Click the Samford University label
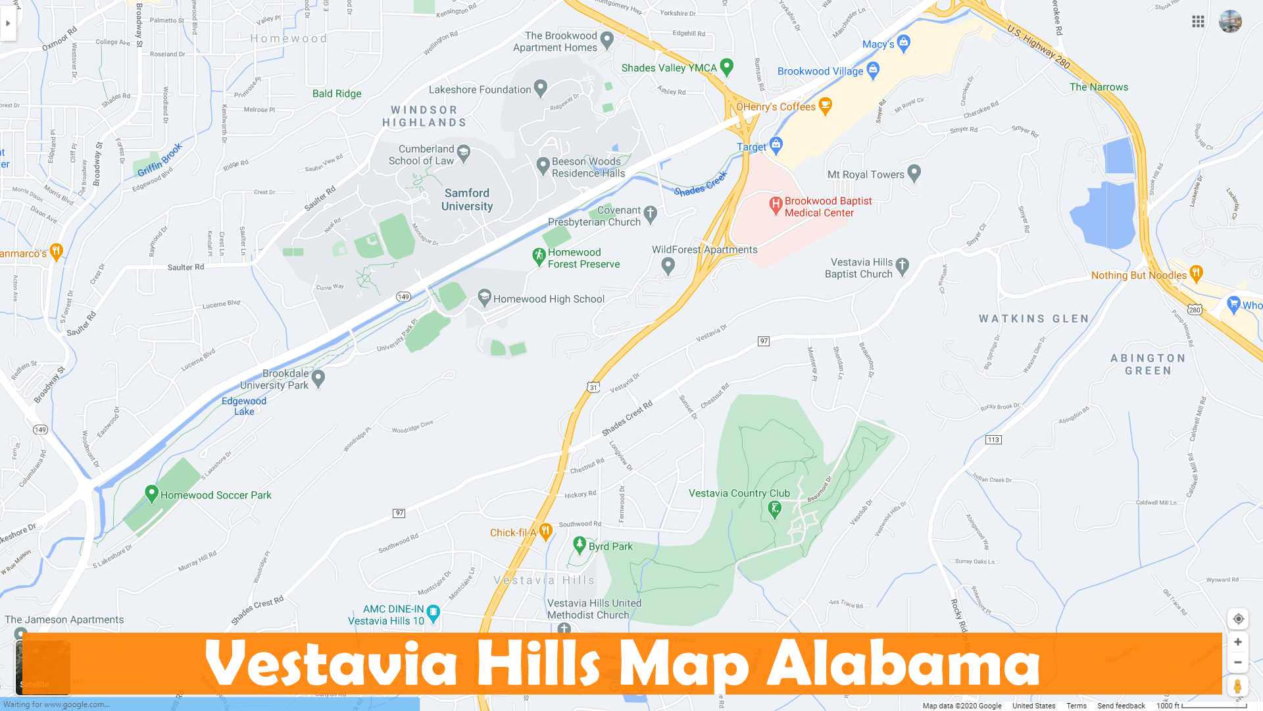467,199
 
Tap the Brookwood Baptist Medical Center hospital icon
776,205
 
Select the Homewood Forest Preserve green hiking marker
539,256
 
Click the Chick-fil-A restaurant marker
545,531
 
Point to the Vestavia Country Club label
739,493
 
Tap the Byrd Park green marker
580,544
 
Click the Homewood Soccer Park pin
151,493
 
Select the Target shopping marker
776,145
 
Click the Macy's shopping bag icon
904,43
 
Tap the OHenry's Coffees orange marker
826,105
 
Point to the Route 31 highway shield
593,387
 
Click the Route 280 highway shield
1195,309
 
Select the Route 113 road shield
993,440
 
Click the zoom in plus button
1237,642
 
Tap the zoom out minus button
1237,662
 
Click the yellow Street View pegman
1237,686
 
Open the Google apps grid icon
1198,22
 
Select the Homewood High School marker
485,298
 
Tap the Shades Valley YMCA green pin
727,66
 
